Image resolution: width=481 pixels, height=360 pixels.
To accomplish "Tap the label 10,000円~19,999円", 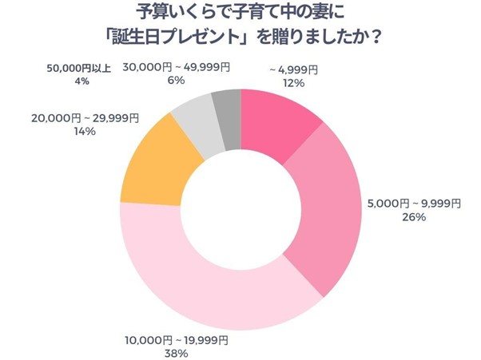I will (x=177, y=340).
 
